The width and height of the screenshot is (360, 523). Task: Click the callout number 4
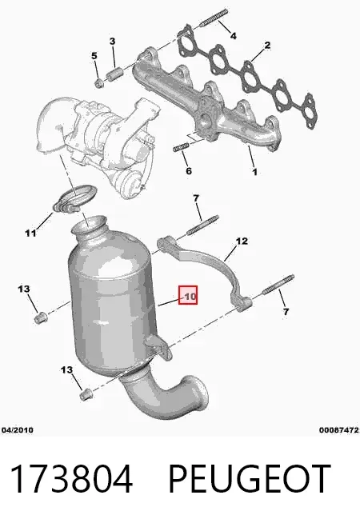point(234,35)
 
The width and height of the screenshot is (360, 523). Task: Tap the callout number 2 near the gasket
point(267,46)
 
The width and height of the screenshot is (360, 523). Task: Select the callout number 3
point(113,42)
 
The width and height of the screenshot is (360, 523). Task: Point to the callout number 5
point(94,56)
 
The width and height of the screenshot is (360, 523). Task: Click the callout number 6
point(189,171)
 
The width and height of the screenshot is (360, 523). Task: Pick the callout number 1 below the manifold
point(254,172)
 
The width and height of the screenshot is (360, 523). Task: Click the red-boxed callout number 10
point(189,296)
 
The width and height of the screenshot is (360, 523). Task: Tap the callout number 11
point(30,233)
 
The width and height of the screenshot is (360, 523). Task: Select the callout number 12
point(242,241)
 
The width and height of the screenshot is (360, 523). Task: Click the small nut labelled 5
point(98,83)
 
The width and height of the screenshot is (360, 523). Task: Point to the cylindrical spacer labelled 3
point(114,74)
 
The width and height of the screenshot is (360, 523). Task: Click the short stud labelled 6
point(181,147)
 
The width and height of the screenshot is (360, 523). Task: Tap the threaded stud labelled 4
point(214,18)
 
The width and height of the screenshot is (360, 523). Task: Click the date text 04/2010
point(18,430)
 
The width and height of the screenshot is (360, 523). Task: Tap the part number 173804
point(71,479)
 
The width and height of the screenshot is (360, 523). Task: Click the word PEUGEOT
point(250,479)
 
